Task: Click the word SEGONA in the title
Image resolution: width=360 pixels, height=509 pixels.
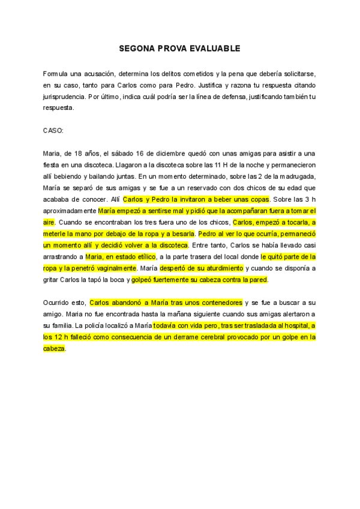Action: coord(137,47)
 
